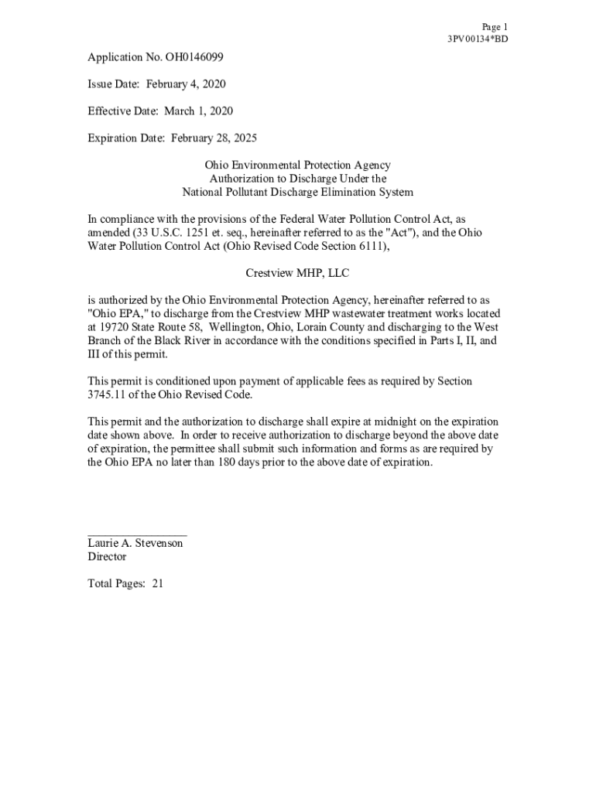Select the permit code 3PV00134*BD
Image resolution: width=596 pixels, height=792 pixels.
pyautogui.click(x=477, y=39)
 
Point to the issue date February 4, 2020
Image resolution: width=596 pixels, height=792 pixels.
pyautogui.click(x=186, y=84)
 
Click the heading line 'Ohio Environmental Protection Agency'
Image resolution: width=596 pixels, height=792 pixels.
pyautogui.click(x=297, y=166)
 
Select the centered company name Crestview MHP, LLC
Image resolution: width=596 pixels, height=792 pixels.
pyautogui.click(x=297, y=273)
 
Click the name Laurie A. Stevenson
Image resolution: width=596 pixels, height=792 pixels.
pyautogui.click(x=135, y=544)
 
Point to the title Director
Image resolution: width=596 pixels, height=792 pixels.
pyautogui.click(x=107, y=557)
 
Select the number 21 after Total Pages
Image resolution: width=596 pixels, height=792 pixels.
pyautogui.click(x=157, y=584)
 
